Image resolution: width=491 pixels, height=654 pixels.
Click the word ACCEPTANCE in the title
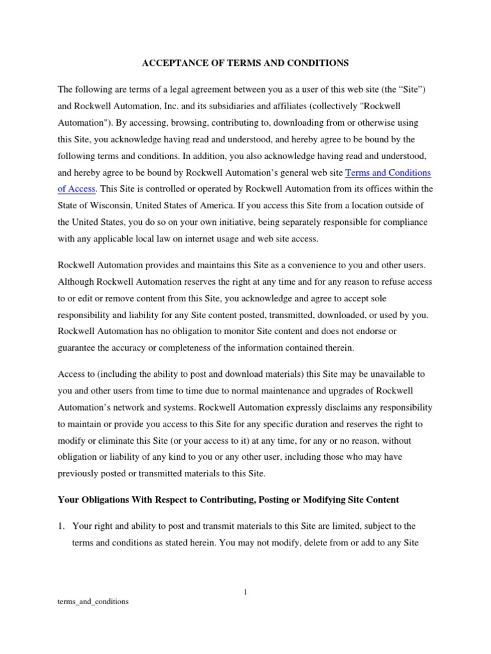(169, 63)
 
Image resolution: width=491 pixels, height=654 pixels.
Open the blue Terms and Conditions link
(388, 172)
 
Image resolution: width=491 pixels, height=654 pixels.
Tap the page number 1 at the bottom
(245, 592)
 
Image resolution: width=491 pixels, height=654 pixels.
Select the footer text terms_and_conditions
(93, 601)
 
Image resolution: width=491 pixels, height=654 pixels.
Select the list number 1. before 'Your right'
(61, 526)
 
